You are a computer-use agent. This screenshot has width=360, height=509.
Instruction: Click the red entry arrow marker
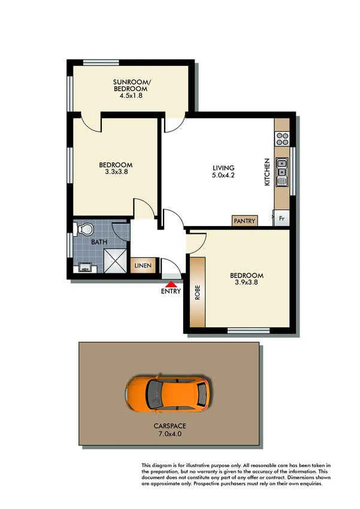[x=171, y=284]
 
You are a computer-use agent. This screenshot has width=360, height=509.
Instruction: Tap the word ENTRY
[x=171, y=292]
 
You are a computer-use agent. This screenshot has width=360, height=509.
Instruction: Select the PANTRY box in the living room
[x=245, y=221]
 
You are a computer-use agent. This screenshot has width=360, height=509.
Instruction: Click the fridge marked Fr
[x=282, y=218]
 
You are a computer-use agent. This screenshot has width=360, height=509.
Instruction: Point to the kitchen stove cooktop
[x=282, y=139]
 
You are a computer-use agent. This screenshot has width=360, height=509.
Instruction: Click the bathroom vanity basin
[x=84, y=268]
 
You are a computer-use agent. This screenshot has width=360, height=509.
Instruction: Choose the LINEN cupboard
[x=143, y=266]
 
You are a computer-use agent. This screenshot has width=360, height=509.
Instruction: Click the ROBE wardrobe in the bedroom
[x=198, y=292]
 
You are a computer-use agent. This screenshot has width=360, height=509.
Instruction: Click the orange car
[x=167, y=393]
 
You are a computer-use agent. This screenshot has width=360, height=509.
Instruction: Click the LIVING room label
[x=223, y=168]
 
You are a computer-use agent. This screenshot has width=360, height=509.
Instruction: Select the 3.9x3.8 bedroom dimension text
[x=246, y=284]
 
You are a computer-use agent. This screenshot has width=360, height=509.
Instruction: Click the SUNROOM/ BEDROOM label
[x=131, y=88]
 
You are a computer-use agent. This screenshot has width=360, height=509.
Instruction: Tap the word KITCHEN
[x=268, y=171]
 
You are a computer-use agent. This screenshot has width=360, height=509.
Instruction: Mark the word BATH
[x=99, y=242]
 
